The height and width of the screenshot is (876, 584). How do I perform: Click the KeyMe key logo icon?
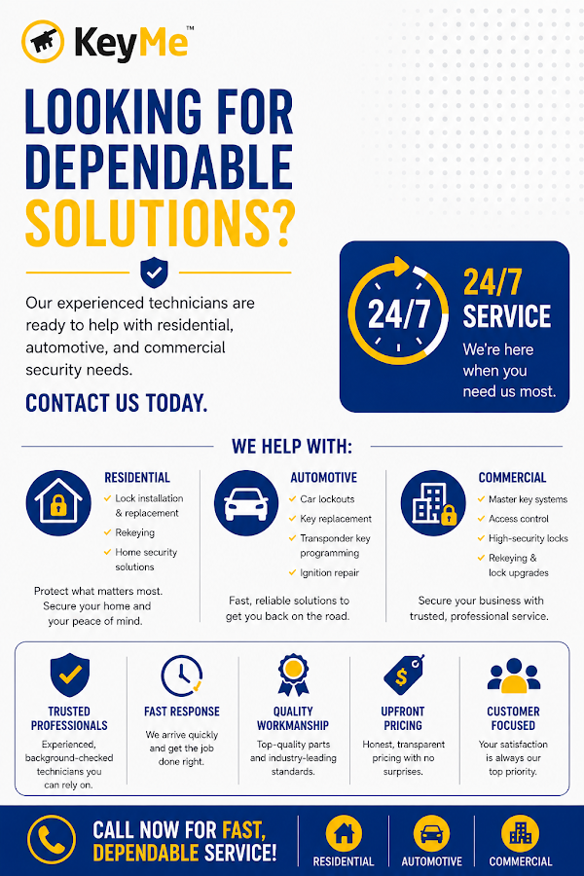coord(43,41)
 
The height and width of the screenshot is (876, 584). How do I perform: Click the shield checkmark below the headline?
coord(154,273)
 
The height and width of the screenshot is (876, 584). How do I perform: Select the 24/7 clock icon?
coord(398,311)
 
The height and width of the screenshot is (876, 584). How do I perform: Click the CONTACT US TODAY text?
coord(116,403)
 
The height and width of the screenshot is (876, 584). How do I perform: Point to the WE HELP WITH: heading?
coord(292,447)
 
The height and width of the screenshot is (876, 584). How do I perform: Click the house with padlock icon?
coord(58,503)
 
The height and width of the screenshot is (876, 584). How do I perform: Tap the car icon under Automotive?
coord(246,503)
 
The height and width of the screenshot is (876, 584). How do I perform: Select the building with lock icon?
coord(433,503)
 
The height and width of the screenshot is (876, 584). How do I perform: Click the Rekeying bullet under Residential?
coord(129,532)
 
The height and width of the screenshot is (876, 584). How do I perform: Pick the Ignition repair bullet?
coord(324,572)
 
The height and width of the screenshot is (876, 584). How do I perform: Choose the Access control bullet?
coord(513,519)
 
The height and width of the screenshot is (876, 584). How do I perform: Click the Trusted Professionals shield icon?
coord(69,675)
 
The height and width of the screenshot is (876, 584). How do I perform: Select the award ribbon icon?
coord(293,675)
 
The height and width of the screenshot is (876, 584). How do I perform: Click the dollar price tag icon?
coord(404,675)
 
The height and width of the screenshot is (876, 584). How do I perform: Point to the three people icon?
coord(514,675)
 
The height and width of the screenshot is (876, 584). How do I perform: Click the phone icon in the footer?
coord(52,839)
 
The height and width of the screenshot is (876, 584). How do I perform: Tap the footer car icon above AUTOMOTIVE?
coord(431,833)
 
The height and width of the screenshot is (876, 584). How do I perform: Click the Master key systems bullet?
coord(523,499)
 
